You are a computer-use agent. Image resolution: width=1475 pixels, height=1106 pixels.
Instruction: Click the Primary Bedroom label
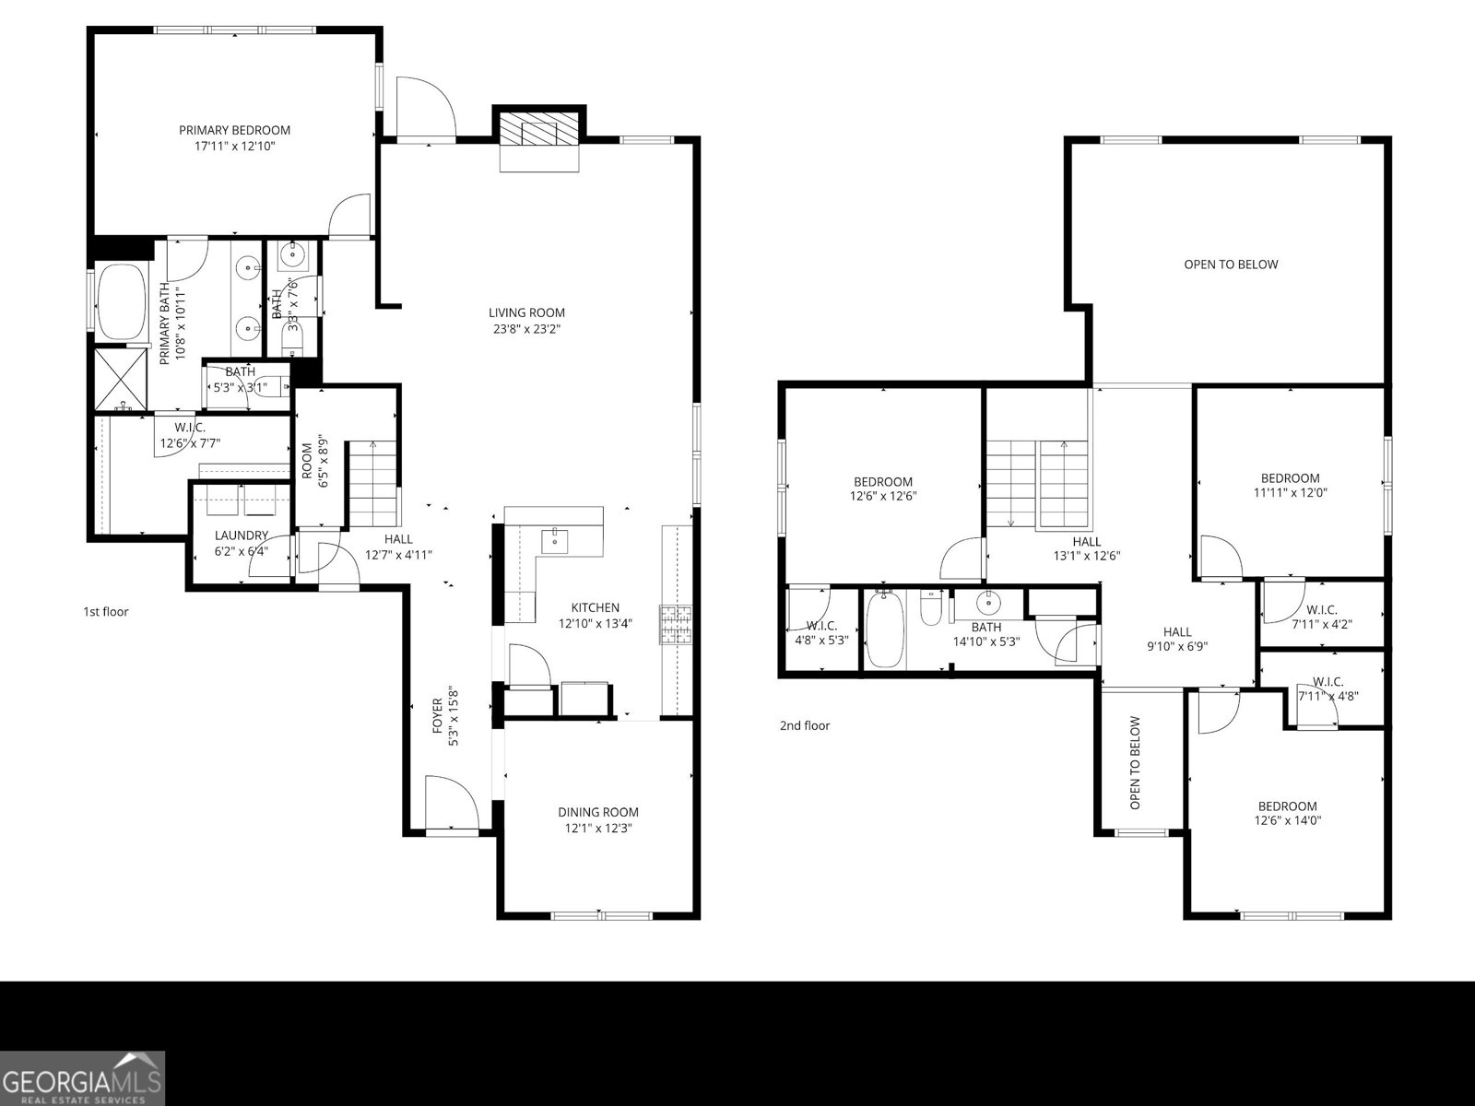(x=234, y=130)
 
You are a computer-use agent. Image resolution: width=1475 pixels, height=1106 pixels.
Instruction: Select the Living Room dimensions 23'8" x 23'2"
(x=526, y=328)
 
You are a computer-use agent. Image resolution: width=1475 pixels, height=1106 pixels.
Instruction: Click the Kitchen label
(x=595, y=607)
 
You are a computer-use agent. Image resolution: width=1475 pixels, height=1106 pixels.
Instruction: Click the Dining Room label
(x=597, y=812)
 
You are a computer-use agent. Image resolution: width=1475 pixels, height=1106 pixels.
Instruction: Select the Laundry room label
(x=241, y=535)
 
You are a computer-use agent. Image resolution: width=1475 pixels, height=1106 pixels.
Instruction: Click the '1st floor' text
(x=106, y=611)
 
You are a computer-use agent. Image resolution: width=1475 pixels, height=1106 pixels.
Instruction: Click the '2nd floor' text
(x=805, y=725)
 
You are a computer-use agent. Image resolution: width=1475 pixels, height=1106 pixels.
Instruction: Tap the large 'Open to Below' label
(x=1231, y=265)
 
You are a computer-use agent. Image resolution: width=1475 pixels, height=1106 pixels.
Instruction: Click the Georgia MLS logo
(x=83, y=1078)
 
